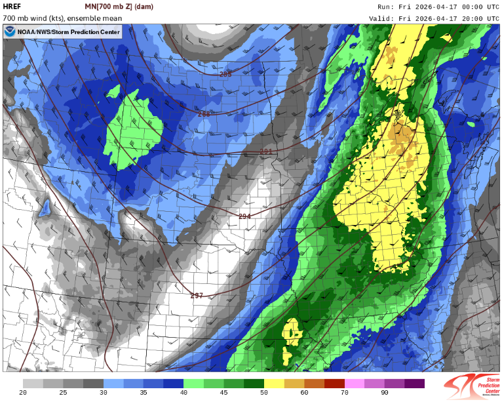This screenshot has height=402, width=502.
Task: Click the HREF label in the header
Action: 12,7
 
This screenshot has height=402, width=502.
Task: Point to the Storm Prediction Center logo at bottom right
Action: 472,386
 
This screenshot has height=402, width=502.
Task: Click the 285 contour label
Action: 225,75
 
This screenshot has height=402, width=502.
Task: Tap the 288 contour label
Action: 204,114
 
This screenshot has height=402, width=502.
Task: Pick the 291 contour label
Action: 265,151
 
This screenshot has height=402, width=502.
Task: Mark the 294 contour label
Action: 244,216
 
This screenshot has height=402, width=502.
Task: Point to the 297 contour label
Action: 197,296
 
